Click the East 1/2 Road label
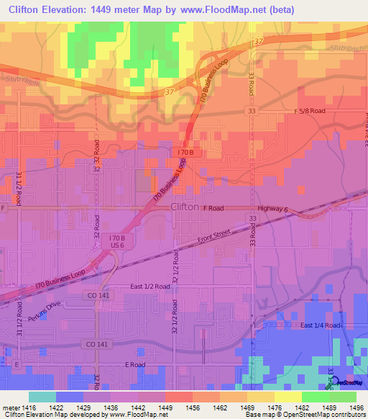coord(150,286)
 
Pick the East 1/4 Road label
coord(321,325)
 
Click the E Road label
coord(136,365)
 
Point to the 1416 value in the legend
coord(29,407)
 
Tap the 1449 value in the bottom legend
coord(165,407)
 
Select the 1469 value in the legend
coord(247,407)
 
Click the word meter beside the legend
coord(10,407)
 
